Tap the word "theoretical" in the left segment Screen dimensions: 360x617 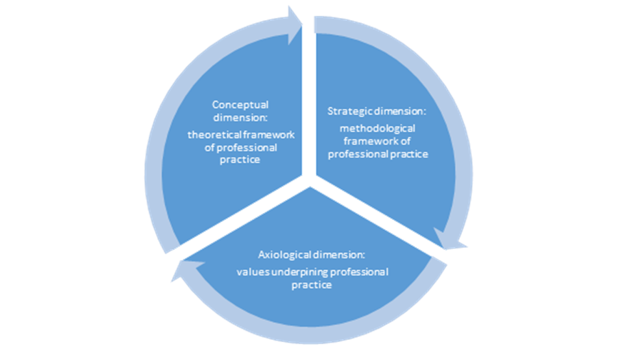212,134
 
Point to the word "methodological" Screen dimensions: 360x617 377,128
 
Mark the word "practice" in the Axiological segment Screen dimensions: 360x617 311,286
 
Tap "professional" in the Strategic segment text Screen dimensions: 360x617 363,154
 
